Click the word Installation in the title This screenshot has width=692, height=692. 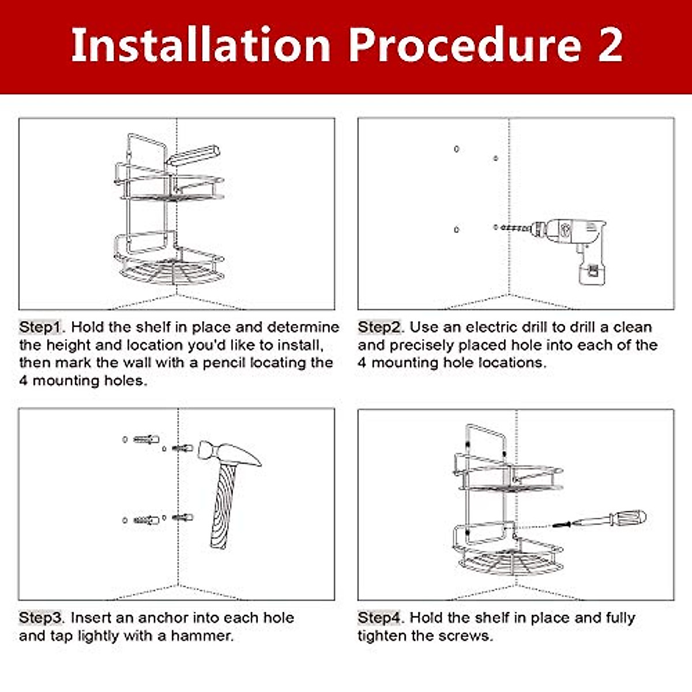[x=201, y=45]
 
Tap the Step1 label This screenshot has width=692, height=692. [x=40, y=327]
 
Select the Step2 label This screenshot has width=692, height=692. [x=379, y=327]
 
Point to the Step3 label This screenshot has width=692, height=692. [x=40, y=618]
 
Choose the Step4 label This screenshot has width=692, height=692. [x=379, y=618]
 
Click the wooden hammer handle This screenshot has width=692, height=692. [x=224, y=506]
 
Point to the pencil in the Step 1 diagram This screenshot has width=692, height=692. [x=193, y=155]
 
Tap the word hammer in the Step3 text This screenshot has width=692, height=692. [x=202, y=636]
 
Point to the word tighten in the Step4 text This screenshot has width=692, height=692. [x=381, y=636]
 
